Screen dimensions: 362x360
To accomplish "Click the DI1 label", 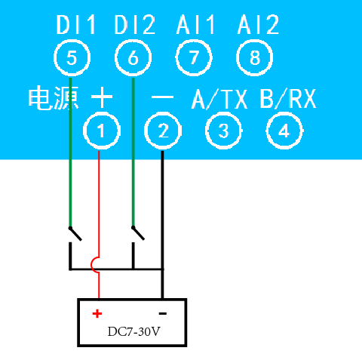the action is coord(76,24).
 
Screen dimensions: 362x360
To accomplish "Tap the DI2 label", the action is coord(135,24).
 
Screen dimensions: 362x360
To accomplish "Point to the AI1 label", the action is coord(195,24).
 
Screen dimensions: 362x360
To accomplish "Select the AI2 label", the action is coord(258,24).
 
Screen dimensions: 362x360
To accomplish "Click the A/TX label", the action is coord(219,99).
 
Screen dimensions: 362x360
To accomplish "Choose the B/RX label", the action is coord(288,99).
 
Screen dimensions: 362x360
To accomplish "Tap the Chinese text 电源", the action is coord(54,97).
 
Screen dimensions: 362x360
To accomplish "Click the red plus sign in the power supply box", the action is coord(97,314).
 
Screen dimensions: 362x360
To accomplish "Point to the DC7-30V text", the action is coord(133,331).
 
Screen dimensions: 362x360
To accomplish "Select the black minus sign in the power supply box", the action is coord(163,313).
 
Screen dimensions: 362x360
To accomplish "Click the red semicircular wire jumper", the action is coord(92,264).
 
